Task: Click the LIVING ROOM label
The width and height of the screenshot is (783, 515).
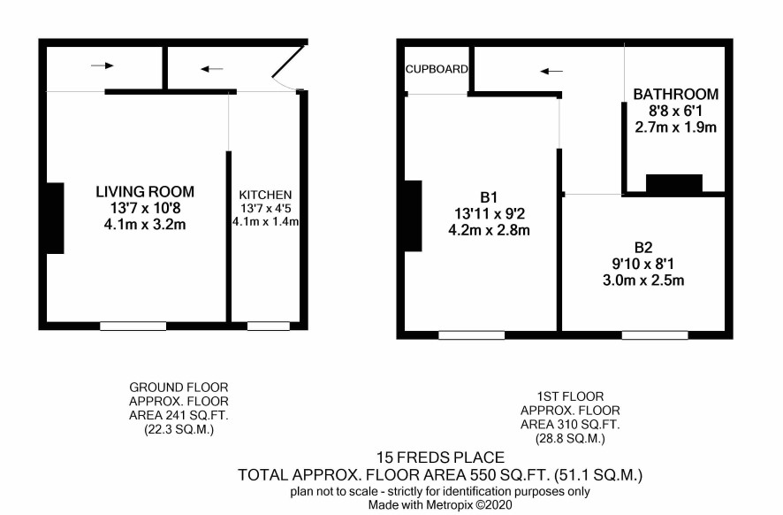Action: coord(145,191)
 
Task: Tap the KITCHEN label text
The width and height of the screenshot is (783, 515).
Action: coord(265,195)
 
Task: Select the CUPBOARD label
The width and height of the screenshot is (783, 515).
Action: coord(437,69)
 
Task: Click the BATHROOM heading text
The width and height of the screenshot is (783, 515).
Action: coord(676,94)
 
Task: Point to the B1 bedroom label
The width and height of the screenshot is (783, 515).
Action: coord(489,197)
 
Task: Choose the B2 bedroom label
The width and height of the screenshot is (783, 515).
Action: coord(643,248)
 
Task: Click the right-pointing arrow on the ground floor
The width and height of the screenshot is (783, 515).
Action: coord(103,65)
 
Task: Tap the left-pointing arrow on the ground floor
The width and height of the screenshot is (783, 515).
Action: coord(212,69)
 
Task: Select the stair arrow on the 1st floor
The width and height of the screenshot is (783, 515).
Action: coord(551,72)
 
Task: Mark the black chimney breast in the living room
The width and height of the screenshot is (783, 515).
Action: coord(55,218)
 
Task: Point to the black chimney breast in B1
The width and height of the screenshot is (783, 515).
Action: coord(413,216)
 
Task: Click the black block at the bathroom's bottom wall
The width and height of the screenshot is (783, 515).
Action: coord(674,183)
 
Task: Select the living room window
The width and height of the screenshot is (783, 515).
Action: coord(133,326)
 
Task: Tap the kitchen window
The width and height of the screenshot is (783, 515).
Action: coord(268,326)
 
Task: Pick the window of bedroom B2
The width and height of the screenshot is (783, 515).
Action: coord(655,335)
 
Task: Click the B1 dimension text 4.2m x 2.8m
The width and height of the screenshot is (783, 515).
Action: coord(489,230)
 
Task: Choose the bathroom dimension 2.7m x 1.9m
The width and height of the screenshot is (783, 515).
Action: coord(676,127)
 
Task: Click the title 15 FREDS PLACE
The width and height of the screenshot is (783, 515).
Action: coord(440,457)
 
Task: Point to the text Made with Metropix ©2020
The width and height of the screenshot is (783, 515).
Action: coord(440,505)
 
